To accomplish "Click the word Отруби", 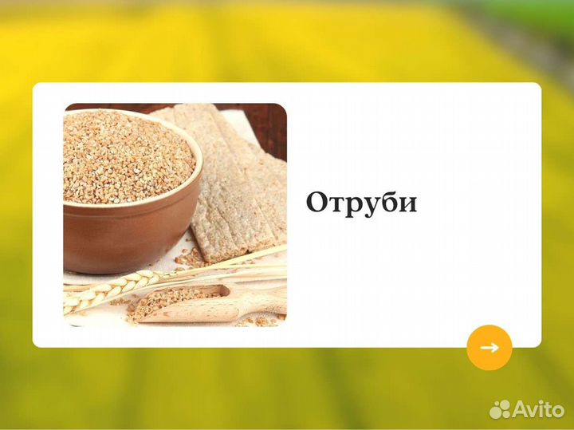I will (x=361, y=202).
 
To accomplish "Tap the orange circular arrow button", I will (x=489, y=347).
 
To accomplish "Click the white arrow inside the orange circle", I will (x=489, y=347).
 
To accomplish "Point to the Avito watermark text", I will (x=538, y=409).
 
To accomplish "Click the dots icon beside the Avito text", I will (x=501, y=409).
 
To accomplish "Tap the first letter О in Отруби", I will (x=317, y=203).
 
